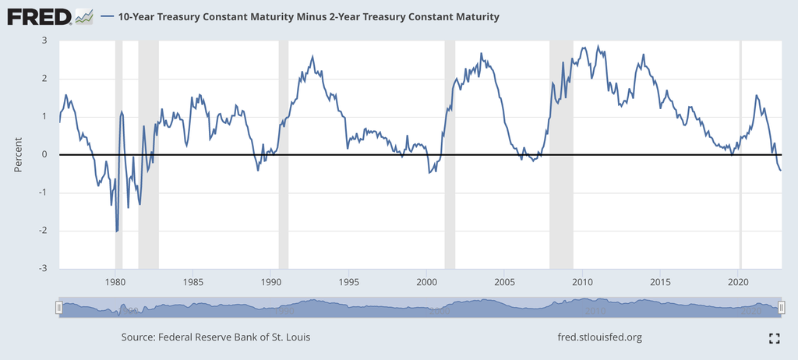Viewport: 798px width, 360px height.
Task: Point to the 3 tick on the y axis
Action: [44, 41]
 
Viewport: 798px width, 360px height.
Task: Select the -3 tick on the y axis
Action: [43, 268]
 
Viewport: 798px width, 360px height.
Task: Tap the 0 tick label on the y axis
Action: [44, 154]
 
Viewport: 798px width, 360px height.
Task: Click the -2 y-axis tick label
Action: [43, 231]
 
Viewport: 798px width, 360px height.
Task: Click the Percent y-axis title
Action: [19, 154]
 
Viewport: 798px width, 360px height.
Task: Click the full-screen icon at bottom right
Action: [774, 338]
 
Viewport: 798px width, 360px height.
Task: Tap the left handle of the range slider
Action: [58, 309]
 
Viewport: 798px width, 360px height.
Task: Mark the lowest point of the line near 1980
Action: [117, 231]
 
